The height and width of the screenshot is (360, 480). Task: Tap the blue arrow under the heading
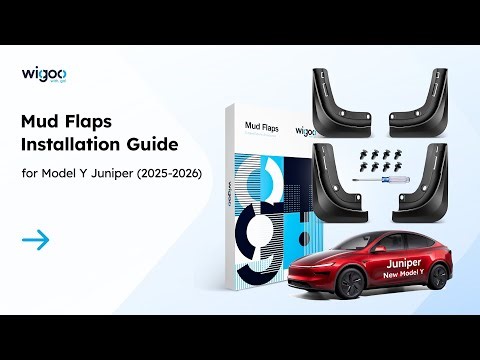point(35,239)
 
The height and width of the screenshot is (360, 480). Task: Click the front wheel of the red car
point(351,284)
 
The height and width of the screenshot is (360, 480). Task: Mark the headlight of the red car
point(303,265)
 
